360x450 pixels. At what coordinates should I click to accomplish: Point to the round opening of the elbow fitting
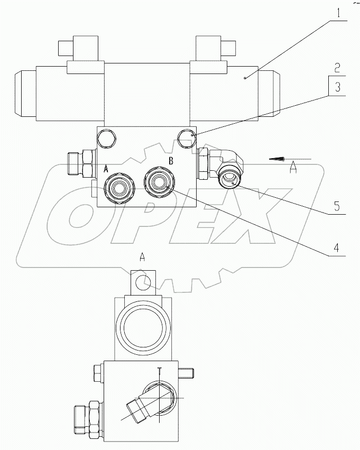pyautogui.click(x=229, y=179)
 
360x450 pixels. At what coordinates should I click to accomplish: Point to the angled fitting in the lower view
pyautogui.click(x=139, y=407)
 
